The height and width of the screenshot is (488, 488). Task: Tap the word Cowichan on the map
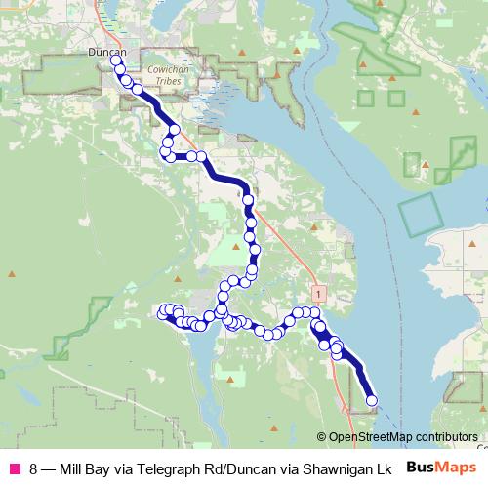point(152,71)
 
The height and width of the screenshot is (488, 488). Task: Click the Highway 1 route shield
point(317,291)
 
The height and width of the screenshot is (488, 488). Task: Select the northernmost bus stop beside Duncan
point(116,61)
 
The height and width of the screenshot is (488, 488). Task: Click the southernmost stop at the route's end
point(371,400)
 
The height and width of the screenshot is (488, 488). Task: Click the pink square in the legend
point(15,468)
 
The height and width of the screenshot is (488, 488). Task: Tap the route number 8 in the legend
point(35,468)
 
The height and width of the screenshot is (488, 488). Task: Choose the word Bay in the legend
point(103,468)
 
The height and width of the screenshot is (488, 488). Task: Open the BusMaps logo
point(440,468)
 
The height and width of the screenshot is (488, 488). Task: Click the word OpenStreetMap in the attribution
point(371,436)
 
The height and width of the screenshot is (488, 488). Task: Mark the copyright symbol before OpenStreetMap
point(322,436)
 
